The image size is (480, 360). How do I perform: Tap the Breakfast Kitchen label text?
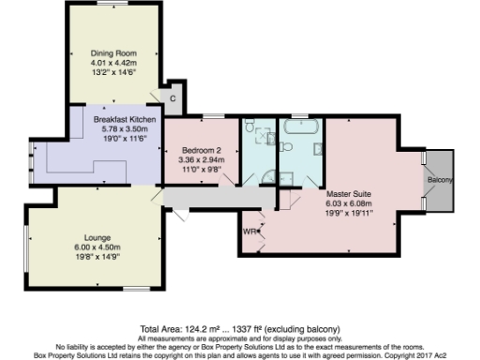pos(124,120)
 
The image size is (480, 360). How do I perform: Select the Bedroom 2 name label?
pos(198,150)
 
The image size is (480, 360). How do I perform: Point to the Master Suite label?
pos(348,192)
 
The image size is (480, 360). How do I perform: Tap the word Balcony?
pos(441,179)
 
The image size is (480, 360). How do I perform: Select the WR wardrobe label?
pos(248,230)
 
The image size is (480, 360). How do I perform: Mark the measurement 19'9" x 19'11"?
pos(348,211)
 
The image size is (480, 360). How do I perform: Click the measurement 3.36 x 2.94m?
pos(198,159)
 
